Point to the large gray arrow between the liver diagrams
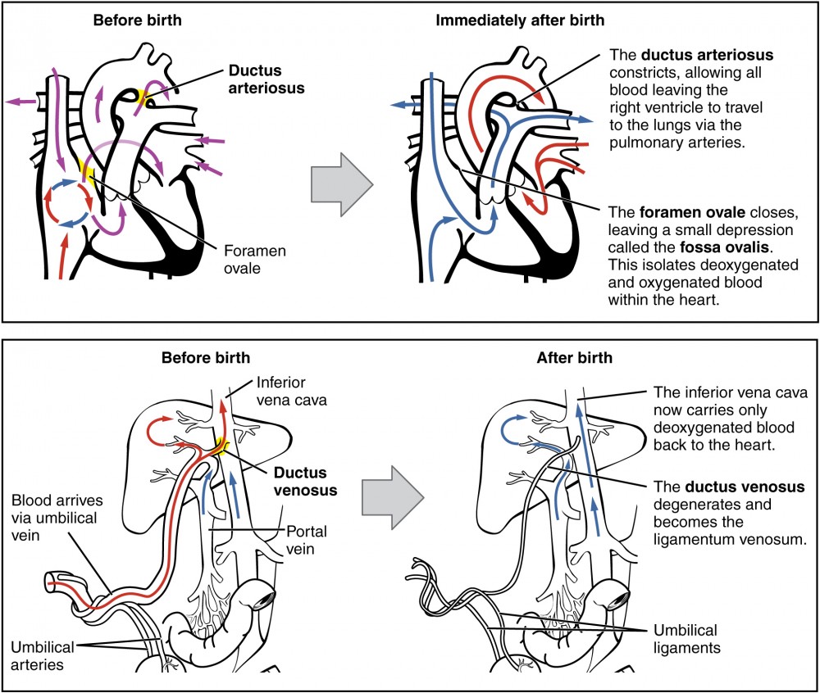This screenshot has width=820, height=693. pyautogui.click(x=392, y=496)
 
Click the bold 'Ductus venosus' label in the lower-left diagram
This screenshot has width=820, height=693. pyautogui.click(x=299, y=482)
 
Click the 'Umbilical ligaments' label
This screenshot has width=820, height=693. pyautogui.click(x=685, y=639)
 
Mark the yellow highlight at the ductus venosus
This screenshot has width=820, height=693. pyautogui.click(x=220, y=446)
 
